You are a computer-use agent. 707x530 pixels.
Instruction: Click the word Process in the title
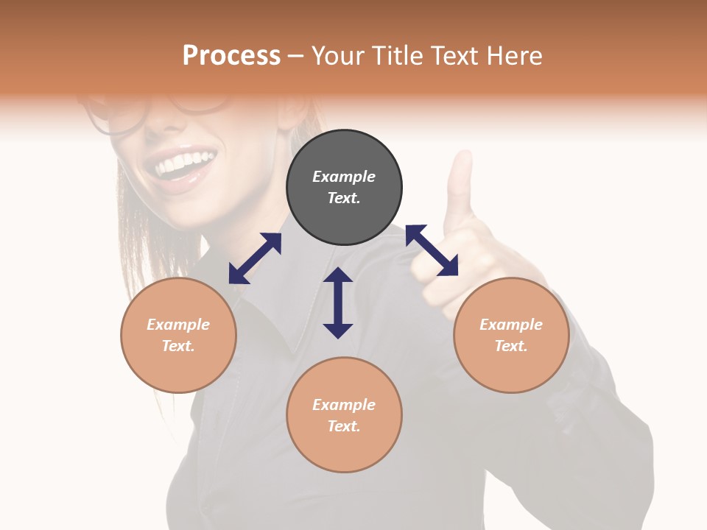click(x=231, y=56)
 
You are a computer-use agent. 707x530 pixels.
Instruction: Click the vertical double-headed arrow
click(x=338, y=303)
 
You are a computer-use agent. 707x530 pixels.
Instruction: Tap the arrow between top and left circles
click(x=255, y=258)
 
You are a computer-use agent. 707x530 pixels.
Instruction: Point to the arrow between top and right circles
click(x=432, y=250)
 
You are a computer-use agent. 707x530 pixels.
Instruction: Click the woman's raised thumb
click(x=460, y=177)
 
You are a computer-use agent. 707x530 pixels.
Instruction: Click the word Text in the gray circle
click(x=344, y=198)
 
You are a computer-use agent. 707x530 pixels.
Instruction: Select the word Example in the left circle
click(x=178, y=325)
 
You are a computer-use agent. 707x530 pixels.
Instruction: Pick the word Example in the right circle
click(x=511, y=325)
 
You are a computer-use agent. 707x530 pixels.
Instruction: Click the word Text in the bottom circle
click(x=344, y=426)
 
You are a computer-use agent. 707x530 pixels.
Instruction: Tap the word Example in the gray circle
click(x=344, y=177)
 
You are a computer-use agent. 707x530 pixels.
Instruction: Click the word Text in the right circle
click(x=511, y=346)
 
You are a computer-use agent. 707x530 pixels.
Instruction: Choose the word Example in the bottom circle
click(x=344, y=405)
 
